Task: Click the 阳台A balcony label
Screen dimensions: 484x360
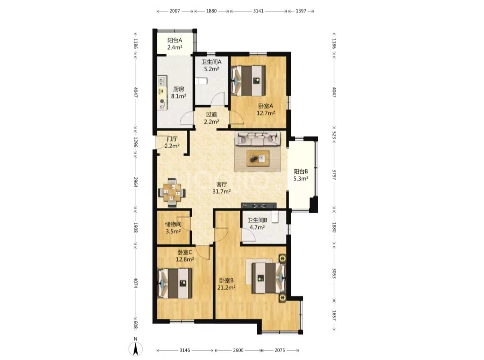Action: coord(175,40)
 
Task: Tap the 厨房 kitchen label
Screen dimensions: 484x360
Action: coord(178,89)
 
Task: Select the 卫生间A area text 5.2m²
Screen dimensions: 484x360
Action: coord(212,69)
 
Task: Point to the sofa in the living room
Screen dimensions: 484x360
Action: coord(258,138)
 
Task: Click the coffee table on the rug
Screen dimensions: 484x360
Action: coord(258,158)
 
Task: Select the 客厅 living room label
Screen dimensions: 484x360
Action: coord(222,184)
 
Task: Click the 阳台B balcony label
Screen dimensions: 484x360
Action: coord(301,171)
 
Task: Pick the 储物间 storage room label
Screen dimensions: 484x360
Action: coord(173,224)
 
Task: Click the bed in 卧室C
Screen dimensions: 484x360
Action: coord(175,283)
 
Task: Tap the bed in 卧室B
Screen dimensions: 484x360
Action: coord(268,278)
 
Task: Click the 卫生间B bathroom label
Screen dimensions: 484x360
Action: coord(257,220)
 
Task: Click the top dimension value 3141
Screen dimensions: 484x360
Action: coord(259,11)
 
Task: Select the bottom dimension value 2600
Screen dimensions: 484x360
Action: coord(238,351)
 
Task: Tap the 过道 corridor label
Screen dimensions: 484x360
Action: coord(212,115)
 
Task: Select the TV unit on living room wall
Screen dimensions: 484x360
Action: coord(259,206)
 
